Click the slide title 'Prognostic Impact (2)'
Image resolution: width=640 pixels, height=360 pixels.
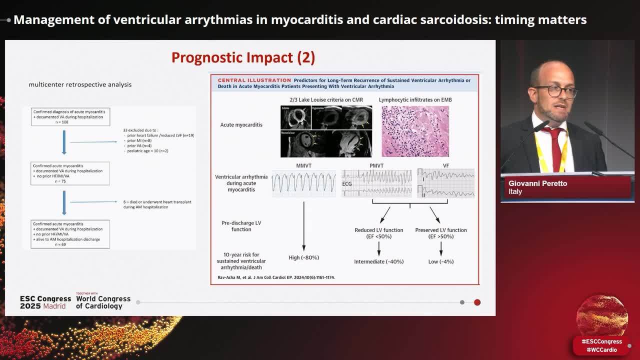(243, 57)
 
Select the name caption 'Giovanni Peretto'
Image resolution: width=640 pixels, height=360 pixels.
(537, 183)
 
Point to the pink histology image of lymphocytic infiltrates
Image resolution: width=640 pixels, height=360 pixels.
(415, 131)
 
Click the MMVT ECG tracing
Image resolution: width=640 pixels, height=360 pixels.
(304, 183)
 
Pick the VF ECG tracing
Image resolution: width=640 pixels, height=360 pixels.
(446, 182)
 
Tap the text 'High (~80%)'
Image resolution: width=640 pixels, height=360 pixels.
(303, 257)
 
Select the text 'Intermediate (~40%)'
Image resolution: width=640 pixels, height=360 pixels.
(378, 261)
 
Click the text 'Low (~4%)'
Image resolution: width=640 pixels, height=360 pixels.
(440, 261)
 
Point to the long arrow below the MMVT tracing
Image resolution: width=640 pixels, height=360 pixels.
(304, 225)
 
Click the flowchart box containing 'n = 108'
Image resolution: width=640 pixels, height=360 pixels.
(70, 116)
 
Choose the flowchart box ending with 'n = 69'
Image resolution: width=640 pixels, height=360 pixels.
(70, 234)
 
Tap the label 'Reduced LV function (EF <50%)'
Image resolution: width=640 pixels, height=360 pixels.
(378, 233)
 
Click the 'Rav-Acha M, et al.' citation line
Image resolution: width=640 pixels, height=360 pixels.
(276, 277)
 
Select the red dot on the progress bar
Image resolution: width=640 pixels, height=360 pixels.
(477, 302)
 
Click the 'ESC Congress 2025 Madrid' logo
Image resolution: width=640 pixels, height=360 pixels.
(45, 302)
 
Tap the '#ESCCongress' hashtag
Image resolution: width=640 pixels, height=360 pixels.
(601, 341)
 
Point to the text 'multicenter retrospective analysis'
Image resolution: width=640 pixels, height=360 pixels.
(80, 84)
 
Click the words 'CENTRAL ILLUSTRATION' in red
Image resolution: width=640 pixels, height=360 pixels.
(254, 80)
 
